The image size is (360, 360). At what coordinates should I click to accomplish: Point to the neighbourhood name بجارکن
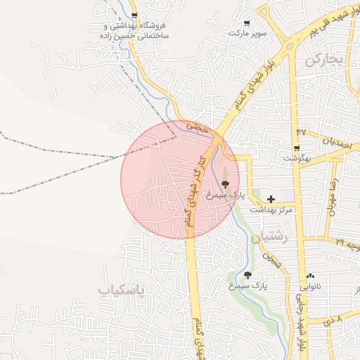coord(324,60)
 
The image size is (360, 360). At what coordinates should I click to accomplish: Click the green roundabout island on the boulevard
coord(289,47)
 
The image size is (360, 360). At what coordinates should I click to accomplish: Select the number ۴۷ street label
coord(302,131)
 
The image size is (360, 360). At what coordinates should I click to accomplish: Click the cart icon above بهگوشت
coord(296,148)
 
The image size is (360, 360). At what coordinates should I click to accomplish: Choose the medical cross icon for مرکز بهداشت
coord(271,199)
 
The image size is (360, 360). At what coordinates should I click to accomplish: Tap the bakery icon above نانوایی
coord(310,276)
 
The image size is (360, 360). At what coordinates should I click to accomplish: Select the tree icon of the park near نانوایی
coord(247,275)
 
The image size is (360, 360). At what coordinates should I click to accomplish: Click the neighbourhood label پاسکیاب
coord(120,290)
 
